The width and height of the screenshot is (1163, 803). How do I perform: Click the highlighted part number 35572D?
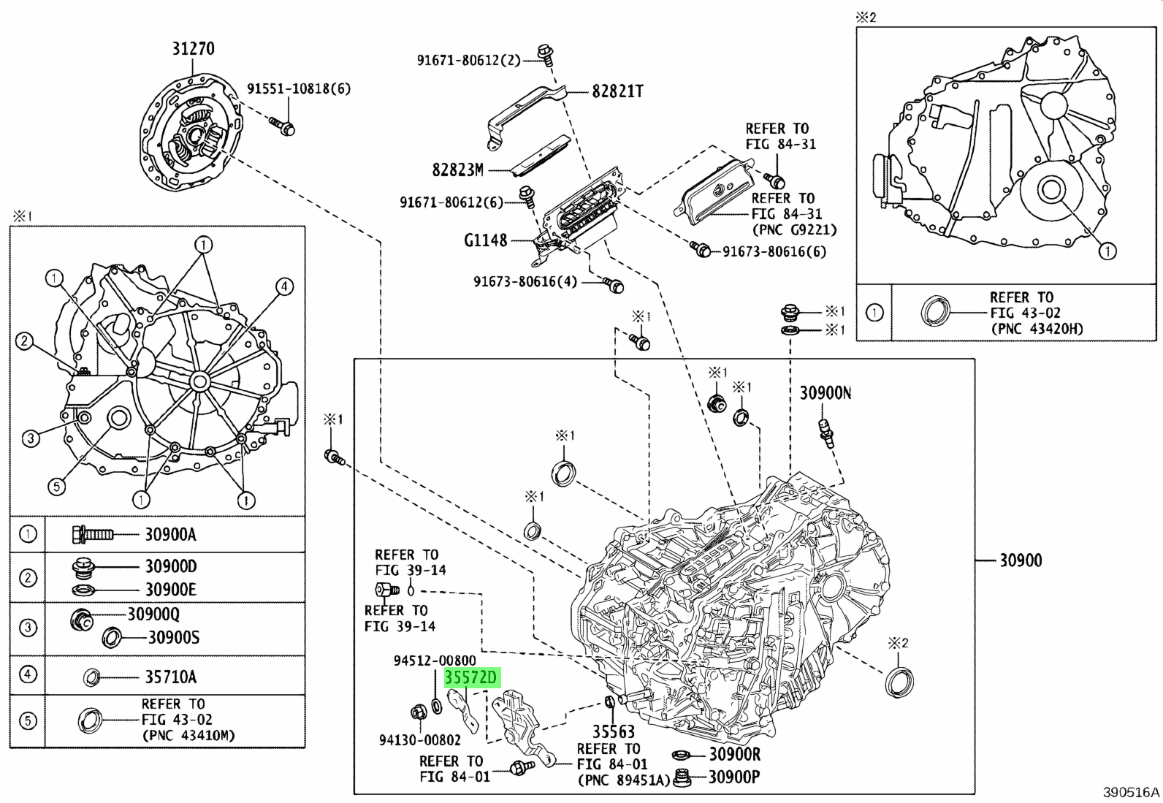471,678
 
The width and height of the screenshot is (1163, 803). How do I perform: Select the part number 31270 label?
194,49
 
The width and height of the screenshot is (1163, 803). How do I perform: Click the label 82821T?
617,91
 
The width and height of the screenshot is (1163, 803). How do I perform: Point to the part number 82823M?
458,170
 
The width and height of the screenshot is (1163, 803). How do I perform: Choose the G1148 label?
485,240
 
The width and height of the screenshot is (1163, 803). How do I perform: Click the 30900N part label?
825,393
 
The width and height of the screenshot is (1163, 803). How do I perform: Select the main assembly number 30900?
1021,560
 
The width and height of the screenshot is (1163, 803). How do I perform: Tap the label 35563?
613,731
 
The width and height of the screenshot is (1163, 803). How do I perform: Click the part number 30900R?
734,755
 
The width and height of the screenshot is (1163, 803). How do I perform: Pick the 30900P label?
733,776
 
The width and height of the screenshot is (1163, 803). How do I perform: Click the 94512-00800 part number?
435,661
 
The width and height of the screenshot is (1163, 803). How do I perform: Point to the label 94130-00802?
420,740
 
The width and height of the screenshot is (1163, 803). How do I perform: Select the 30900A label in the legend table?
170,534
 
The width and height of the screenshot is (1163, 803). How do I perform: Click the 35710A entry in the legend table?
170,677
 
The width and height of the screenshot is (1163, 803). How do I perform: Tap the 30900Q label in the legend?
153,614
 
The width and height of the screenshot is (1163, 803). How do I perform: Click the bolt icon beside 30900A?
92,534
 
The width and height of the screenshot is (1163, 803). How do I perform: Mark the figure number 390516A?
1131,793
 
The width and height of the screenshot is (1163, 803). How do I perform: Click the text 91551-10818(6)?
299,89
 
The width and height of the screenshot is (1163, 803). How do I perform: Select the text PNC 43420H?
1037,329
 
